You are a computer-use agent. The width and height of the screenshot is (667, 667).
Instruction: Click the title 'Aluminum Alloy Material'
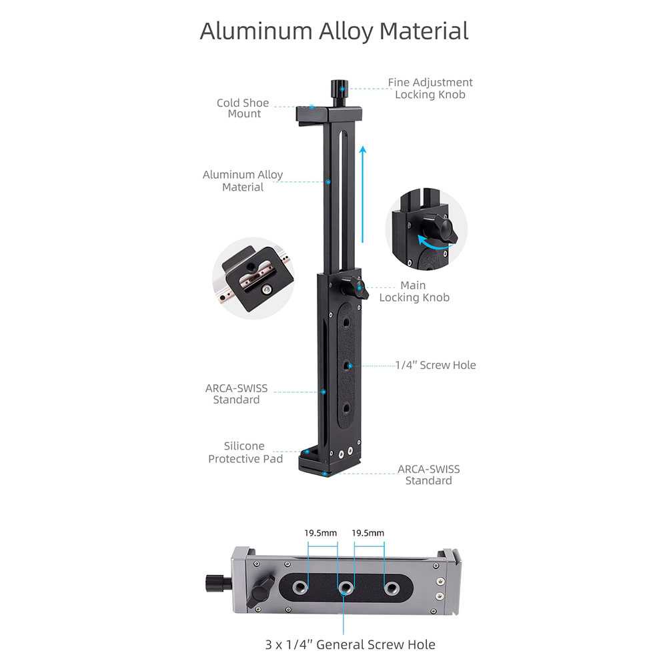coord(333,31)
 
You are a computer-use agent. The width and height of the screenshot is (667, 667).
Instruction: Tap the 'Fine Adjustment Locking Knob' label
coord(430,88)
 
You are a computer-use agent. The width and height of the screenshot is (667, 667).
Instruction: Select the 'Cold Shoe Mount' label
coord(243,108)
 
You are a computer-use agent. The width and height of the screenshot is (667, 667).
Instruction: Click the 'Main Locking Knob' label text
coord(414,291)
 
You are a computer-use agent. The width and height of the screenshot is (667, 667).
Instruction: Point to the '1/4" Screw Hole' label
coord(436,365)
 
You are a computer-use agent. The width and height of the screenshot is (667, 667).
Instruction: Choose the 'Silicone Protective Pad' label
coord(245,452)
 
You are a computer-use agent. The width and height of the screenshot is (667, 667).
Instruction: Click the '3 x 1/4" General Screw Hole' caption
coord(350,644)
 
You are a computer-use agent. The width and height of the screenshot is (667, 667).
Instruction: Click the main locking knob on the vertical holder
coord(354,289)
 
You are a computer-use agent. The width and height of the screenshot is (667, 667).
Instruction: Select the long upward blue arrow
coord(363,193)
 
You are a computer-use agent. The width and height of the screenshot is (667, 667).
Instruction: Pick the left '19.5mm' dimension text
coord(321,533)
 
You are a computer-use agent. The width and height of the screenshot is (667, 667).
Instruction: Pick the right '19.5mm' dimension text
coord(368,533)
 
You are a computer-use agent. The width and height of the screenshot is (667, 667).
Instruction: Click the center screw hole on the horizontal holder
coord(345,588)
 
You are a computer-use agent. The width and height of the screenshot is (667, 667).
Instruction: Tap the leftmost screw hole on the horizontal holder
coord(299,588)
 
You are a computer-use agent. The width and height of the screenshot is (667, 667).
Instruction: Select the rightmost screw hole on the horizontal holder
coord(391,588)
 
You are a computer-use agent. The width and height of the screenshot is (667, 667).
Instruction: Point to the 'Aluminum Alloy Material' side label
coord(243,181)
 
